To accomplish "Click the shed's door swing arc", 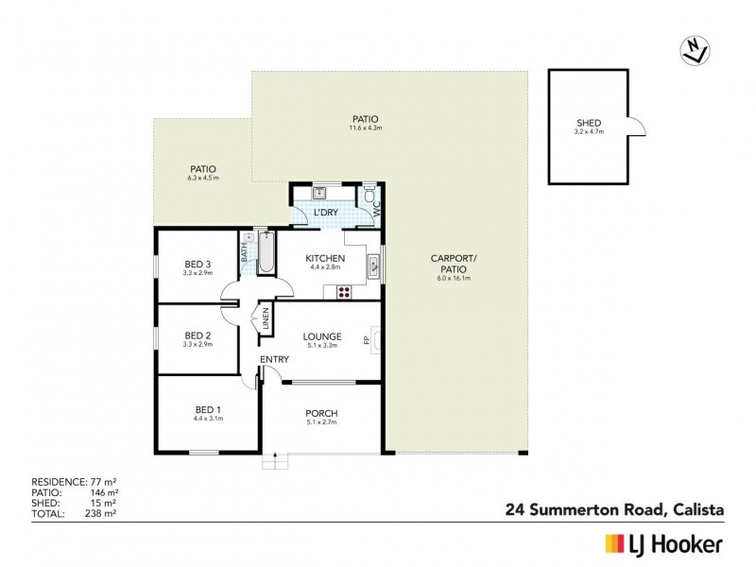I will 636,126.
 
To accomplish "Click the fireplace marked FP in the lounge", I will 376,340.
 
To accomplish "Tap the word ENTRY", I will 275,360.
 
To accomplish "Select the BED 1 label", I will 196,408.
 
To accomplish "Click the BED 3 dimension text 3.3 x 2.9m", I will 197,273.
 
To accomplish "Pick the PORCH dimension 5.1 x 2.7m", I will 321,423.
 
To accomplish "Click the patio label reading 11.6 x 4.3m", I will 365,128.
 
